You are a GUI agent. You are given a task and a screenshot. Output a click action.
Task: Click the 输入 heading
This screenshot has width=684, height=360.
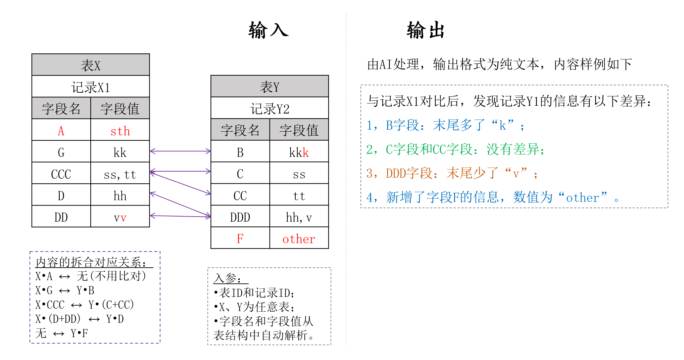click(x=268, y=30)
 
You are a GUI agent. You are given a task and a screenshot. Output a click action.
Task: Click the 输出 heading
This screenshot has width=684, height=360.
click(x=426, y=30)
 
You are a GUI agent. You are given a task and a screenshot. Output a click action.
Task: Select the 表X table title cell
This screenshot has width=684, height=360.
click(x=91, y=65)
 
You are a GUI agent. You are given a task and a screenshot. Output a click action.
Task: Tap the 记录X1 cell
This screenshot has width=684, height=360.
click(x=91, y=87)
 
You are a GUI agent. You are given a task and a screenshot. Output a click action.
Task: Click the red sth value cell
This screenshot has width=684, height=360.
click(x=120, y=130)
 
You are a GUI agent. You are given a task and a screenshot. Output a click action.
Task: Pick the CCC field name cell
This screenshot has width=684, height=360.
click(x=61, y=173)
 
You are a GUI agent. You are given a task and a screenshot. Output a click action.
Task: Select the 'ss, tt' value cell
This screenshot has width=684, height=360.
click(x=120, y=173)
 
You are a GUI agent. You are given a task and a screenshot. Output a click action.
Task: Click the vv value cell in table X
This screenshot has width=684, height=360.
click(x=120, y=217)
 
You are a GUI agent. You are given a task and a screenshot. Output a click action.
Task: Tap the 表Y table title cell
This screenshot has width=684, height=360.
click(x=270, y=86)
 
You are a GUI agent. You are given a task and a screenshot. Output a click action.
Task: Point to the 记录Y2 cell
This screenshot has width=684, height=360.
click(x=270, y=108)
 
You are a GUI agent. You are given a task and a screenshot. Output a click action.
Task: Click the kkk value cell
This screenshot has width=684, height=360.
click(x=299, y=151)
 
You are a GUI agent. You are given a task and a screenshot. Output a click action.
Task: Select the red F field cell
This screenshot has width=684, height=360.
click(x=240, y=238)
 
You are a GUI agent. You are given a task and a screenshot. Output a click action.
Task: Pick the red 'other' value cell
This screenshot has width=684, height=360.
click(x=299, y=238)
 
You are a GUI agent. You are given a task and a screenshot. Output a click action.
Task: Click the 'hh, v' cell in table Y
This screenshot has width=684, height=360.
click(x=299, y=217)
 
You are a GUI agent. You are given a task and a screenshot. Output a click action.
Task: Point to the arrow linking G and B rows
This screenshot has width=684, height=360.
click(x=180, y=151)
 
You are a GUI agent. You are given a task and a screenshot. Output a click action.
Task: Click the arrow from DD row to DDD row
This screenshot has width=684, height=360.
click(x=180, y=216)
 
